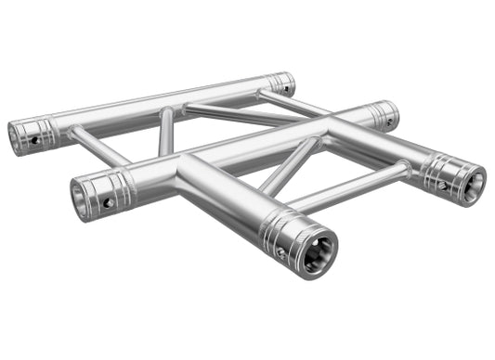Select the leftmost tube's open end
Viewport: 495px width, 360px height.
tap(17, 137)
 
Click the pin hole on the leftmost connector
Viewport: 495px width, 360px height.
tap(36, 140)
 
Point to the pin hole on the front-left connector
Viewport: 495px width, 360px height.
tap(108, 201)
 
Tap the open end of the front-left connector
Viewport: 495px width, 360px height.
tap(82, 198)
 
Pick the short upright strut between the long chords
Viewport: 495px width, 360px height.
tap(165, 131)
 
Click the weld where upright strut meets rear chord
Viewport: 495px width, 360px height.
tap(167, 111)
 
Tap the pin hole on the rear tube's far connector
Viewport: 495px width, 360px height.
tap(287, 90)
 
